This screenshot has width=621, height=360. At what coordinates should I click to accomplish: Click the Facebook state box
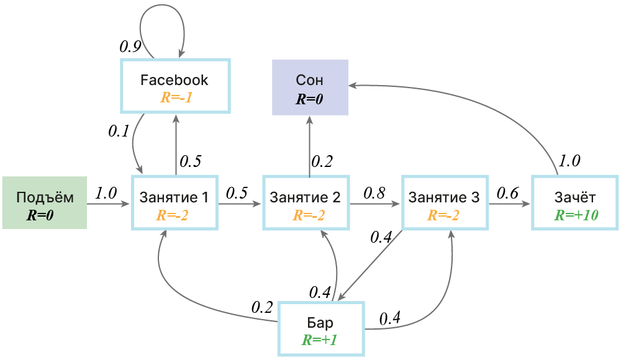pos(175,86)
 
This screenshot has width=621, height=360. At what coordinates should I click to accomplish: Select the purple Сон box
pos(310,88)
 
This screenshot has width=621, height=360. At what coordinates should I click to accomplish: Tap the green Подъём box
pos(45,203)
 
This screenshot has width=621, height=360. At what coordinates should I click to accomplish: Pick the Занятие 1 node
pos(175,203)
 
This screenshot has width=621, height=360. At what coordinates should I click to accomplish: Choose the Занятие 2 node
pos(306,203)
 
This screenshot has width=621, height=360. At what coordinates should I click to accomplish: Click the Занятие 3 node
pos(445,203)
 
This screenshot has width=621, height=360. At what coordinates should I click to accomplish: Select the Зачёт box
pos(574,203)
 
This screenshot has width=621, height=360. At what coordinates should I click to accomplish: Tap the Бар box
pos(321,329)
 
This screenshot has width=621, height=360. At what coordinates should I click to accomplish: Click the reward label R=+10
pos(576,215)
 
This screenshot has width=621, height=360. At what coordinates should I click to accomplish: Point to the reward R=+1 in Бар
pos(320,340)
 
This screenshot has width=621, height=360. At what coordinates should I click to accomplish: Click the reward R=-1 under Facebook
pos(176,97)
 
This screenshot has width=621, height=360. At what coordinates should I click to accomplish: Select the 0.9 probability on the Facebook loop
pos(130,47)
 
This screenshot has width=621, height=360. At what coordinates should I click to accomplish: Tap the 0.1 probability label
pos(119,131)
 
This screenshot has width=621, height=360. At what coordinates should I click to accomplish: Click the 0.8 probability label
pos(374,193)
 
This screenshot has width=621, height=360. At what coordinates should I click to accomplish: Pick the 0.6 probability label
pos(507,193)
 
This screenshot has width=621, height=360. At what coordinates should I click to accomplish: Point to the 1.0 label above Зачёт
pos(569,161)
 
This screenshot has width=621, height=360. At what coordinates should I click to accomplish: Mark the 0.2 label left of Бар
pos(262,307)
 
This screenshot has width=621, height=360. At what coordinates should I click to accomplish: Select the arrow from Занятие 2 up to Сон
pos(310,146)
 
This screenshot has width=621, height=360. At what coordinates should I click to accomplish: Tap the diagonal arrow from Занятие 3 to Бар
pos(370,266)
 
